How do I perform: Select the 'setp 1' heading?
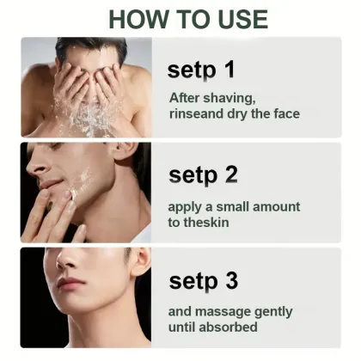click(201, 69)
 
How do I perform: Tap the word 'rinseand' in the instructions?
click(196, 113)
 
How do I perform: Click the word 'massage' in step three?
click(222, 311)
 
